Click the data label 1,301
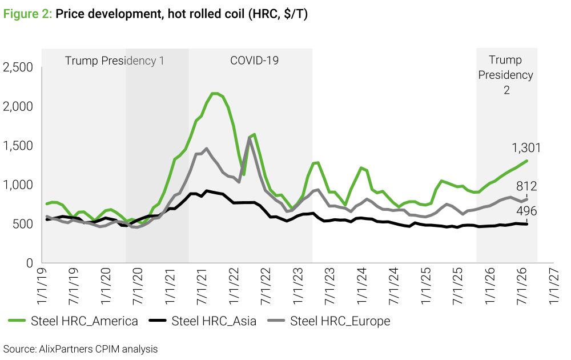click(526, 147)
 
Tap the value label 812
click(526, 186)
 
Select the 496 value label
click(526, 211)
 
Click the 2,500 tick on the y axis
click(18, 67)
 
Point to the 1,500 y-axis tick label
click(18, 145)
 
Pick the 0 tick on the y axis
click(30, 263)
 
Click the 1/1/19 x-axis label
click(42, 286)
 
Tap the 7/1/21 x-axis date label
click(202, 286)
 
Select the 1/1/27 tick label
click(554, 286)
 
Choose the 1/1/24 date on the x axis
click(362, 286)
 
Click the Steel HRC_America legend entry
click(73, 321)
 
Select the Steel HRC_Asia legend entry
click(203, 321)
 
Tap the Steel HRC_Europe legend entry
click(329, 321)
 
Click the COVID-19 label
click(254, 60)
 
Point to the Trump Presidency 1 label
click(114, 61)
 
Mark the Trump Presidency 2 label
click(506, 75)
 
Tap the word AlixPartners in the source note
click(66, 349)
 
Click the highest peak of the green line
click(215, 93)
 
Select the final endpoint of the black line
click(527, 224)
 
